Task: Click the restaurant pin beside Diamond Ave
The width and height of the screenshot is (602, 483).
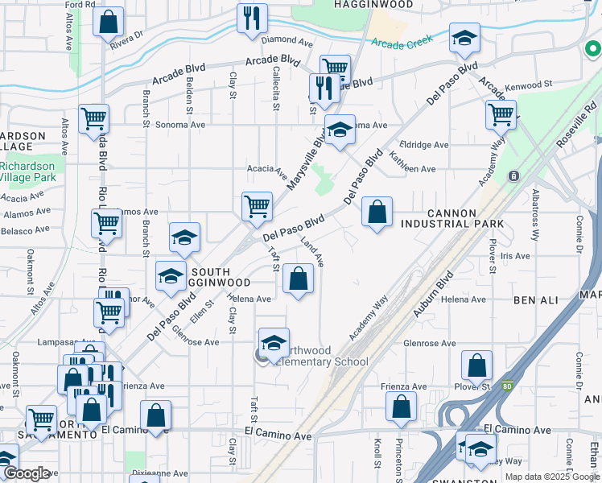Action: (251, 17)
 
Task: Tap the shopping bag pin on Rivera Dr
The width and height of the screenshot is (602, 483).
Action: (108, 21)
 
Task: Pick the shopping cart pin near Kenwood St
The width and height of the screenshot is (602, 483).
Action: (501, 114)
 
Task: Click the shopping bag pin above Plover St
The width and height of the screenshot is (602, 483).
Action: (477, 365)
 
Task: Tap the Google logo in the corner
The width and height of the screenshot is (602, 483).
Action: (27, 474)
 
